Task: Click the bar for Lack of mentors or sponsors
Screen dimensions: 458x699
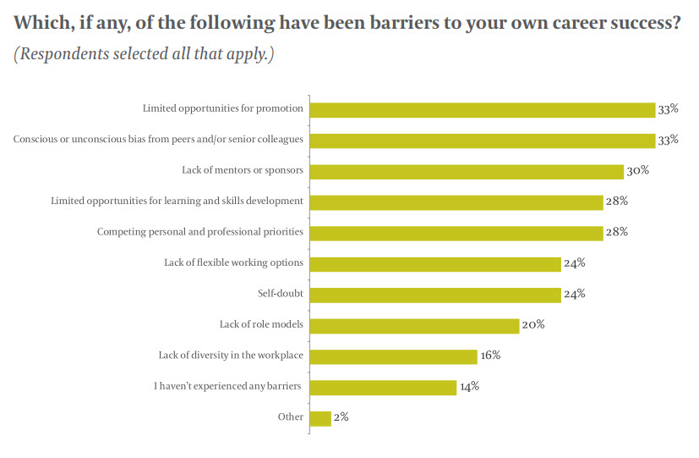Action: point(467,171)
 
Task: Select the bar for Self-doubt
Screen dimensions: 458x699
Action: point(435,295)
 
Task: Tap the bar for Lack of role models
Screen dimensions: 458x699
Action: point(414,326)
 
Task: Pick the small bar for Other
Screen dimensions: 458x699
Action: point(320,418)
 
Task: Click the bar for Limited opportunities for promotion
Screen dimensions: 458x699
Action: point(483,109)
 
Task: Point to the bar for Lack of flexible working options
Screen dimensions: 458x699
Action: point(435,263)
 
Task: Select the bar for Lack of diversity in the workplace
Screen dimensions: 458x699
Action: point(394,356)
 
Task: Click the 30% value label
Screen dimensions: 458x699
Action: point(637,170)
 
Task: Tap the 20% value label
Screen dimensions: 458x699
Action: point(533,324)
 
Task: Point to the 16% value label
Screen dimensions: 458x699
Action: point(491,355)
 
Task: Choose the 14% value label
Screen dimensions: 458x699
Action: point(470,386)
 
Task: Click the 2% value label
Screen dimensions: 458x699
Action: point(341,417)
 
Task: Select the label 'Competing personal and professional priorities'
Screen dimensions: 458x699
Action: point(200,232)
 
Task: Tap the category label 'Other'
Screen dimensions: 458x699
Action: point(291,417)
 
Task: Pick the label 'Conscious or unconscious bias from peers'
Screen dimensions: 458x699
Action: point(158,140)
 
